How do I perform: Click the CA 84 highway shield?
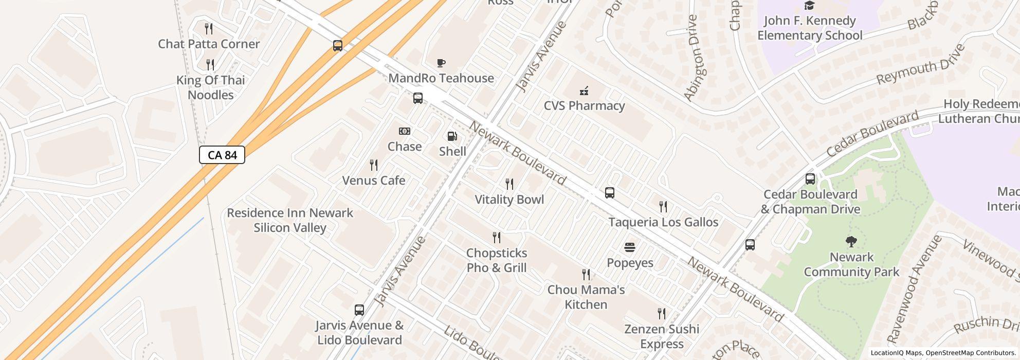coord(222,155)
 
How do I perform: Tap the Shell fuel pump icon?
coord(452,136)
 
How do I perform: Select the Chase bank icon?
coord(405,131)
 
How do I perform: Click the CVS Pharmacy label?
coord(584,105)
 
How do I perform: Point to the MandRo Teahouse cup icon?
coord(441,63)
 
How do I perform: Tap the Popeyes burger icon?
coord(630,247)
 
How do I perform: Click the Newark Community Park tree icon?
coord(851,241)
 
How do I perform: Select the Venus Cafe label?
coord(373,181)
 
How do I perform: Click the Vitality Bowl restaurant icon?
coord(509,184)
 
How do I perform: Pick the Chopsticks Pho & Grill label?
coord(496,260)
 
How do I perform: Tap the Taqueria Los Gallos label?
coord(663,222)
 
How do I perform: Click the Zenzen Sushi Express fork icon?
coord(662,313)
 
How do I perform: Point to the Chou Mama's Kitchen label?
coord(586,297)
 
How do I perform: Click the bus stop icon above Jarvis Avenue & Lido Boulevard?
coord(359,310)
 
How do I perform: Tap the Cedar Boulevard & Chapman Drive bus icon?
coord(810,179)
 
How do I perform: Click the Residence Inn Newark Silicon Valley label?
coord(290,220)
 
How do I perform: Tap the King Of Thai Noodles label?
coord(210,87)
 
